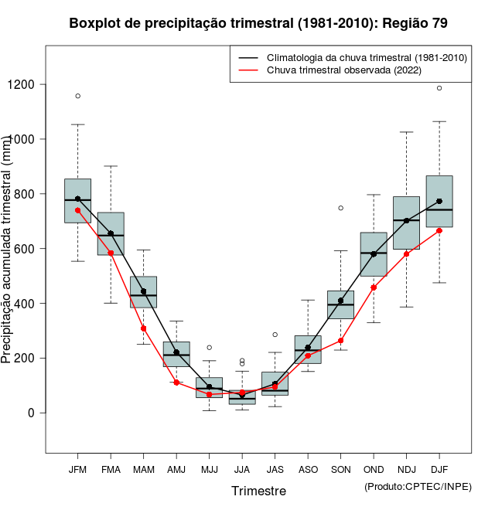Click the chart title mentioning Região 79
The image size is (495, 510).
258,23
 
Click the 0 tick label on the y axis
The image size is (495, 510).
31,413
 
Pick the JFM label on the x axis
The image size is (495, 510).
77,469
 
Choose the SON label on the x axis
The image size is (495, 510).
340,469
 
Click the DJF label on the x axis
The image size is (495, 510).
439,469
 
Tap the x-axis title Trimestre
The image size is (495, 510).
258,491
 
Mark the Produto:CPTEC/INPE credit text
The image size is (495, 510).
418,486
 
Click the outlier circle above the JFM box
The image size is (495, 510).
77,96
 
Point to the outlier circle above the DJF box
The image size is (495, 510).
439,88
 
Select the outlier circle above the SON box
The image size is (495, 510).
340,208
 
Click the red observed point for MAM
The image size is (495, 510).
143,328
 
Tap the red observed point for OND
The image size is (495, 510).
374,287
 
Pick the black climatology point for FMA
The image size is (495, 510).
111,233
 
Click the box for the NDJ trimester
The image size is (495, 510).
406,223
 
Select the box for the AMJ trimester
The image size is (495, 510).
176,354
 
